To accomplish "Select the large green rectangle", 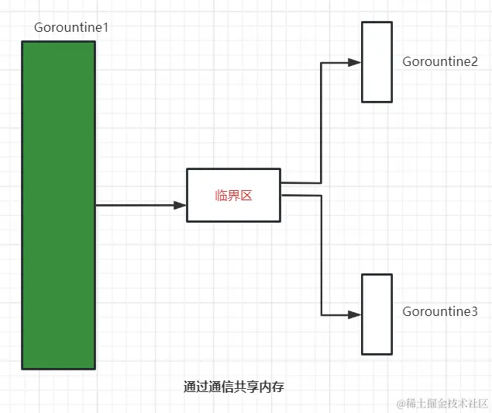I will (x=58, y=205).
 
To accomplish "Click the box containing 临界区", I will (x=233, y=195).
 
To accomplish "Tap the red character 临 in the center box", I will (x=221, y=196).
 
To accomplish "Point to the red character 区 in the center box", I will (x=246, y=196).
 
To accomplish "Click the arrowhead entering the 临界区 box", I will (x=181, y=206).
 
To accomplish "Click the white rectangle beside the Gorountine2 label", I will (x=377, y=61).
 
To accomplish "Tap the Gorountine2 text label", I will (x=440, y=62).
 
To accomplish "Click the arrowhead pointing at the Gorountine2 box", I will (x=355, y=62).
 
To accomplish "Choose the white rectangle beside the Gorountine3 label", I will (x=377, y=314).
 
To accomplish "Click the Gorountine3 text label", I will (x=440, y=312).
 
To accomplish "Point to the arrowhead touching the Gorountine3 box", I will (x=355, y=315).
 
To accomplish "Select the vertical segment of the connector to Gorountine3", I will (x=322, y=256).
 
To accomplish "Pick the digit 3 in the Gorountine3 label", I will (x=473, y=312).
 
